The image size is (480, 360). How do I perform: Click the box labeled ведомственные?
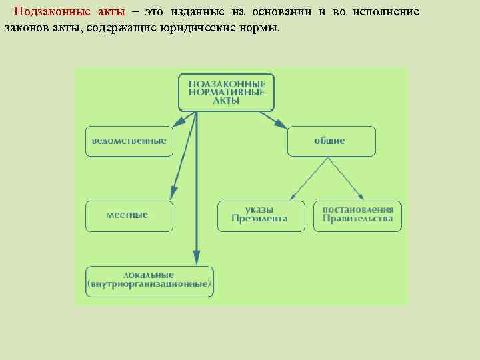pyautogui.click(x=129, y=141)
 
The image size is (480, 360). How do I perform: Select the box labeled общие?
pyautogui.click(x=331, y=141)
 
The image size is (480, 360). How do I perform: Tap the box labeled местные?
pyautogui.click(x=129, y=216)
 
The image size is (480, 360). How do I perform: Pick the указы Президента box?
pyautogui.click(x=261, y=216)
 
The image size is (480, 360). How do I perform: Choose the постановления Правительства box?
pyautogui.click(x=357, y=216)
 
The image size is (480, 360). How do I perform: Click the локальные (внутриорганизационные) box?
pyautogui.click(x=149, y=281)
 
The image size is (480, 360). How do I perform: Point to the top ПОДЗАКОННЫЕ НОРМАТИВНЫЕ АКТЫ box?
pyautogui.click(x=226, y=92)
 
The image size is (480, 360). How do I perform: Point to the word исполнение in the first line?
pyautogui.click(x=387, y=13)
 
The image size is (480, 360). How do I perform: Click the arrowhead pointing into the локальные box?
pyautogui.click(x=196, y=257)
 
